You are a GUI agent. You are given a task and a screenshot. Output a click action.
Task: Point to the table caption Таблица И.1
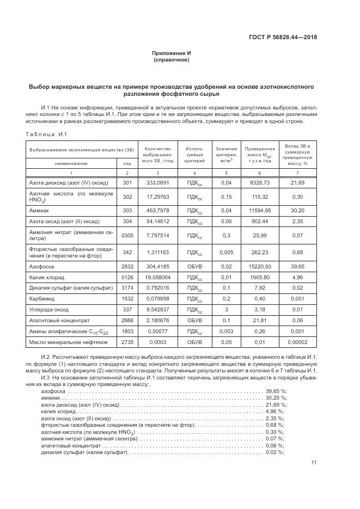click(x=46, y=134)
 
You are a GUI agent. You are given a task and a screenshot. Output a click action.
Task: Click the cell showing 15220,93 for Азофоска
click(x=259, y=267)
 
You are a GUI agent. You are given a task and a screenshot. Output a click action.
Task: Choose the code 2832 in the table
click(x=127, y=267)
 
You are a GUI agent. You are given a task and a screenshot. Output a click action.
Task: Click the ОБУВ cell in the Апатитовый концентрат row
click(x=194, y=321)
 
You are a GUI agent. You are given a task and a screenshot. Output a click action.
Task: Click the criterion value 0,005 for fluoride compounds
click(x=227, y=252)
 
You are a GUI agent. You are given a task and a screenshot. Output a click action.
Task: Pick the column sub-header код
click(x=127, y=163)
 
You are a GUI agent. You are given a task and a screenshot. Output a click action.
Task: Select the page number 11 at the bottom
click(x=314, y=463)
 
